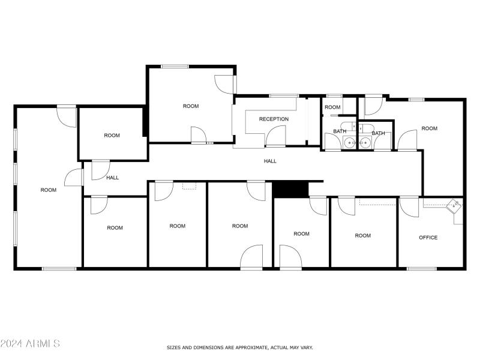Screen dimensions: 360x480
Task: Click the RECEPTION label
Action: pos(274,119)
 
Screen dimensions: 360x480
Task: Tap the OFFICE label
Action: pos(428,238)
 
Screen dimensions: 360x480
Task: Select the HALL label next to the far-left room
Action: pos(112,178)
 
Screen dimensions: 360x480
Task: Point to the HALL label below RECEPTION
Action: pos(270,161)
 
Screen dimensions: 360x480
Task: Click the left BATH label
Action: pos(340,131)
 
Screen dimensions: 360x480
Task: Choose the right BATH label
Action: pos(378,133)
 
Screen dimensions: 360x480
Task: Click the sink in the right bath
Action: pos(364,143)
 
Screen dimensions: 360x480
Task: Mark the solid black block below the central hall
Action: pos(290,189)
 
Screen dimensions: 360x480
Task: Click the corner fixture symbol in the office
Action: pos(455,205)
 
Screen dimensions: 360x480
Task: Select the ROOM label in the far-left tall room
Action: pos(49,190)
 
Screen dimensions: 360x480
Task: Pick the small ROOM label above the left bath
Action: pos(332,107)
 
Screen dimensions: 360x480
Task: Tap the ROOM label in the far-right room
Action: pos(429,128)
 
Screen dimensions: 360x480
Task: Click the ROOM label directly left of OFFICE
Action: pos(362,236)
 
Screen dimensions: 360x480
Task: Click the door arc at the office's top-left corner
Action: pos(409,207)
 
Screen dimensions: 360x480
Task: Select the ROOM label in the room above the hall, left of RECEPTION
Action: pos(190,106)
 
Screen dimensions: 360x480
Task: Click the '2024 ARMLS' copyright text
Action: pos(30,344)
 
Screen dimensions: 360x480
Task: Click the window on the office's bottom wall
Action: pos(422,268)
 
